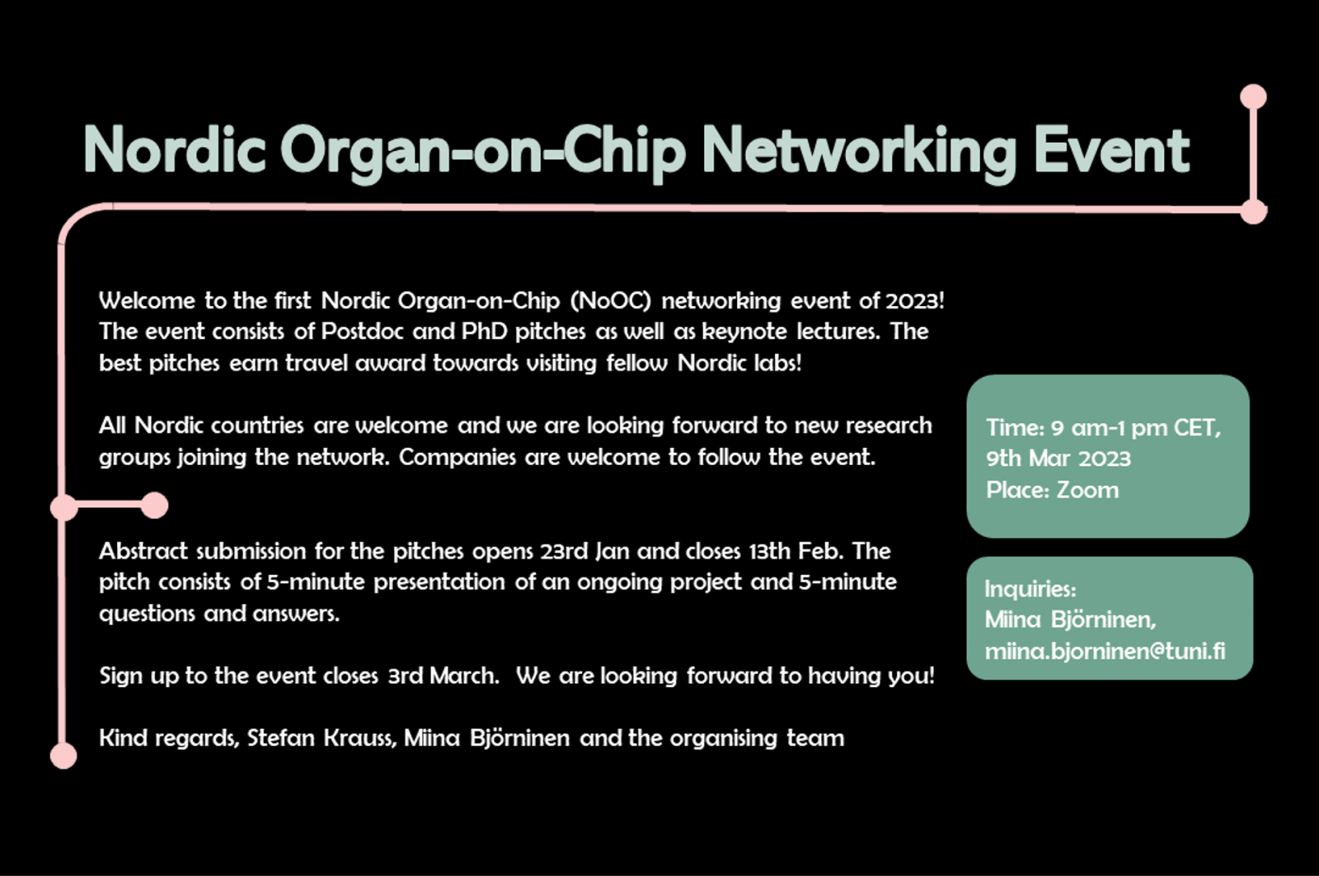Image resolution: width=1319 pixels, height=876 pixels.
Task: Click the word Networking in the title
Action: (859, 152)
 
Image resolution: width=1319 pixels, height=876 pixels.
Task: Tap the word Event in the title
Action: (1112, 150)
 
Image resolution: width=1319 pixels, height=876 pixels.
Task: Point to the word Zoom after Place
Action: (1087, 490)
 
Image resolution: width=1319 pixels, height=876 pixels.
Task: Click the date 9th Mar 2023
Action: (1058, 459)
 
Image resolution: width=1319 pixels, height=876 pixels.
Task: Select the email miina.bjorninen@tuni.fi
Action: (1105, 651)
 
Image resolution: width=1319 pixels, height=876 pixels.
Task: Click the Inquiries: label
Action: (1030, 589)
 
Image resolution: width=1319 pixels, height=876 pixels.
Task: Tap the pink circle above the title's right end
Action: (1253, 97)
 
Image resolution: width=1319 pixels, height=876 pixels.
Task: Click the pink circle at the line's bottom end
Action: (63, 756)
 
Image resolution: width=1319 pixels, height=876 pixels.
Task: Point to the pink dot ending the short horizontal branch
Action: (155, 506)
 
